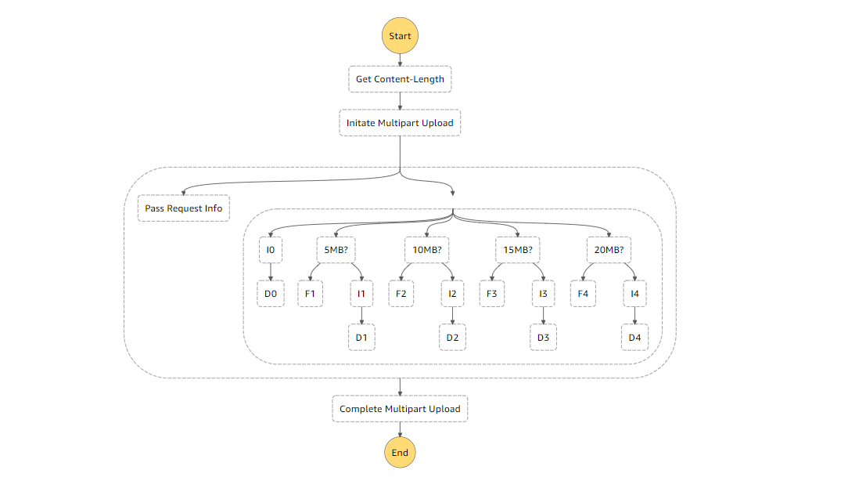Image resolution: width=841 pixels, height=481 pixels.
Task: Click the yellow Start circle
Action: click(x=400, y=36)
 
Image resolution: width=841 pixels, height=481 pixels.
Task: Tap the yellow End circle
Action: click(x=400, y=452)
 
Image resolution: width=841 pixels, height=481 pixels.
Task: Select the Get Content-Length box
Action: click(x=400, y=79)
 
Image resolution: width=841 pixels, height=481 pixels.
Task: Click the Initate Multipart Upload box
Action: click(x=400, y=123)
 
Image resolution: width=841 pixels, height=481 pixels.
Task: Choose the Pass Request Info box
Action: click(x=184, y=208)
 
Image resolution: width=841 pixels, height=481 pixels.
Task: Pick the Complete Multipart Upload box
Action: click(x=400, y=409)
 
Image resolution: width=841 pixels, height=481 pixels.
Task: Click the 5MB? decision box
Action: click(x=336, y=250)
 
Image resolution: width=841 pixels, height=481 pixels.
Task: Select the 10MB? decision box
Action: click(x=426, y=250)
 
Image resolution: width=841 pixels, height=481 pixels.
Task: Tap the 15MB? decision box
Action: click(x=518, y=250)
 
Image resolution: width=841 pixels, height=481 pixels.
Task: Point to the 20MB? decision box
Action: click(x=609, y=250)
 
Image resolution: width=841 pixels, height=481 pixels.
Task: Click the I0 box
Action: click(x=271, y=250)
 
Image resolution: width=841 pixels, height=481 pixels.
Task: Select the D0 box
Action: click(x=271, y=293)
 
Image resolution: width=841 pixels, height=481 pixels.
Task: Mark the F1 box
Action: click(x=310, y=293)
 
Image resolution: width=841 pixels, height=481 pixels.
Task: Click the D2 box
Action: click(x=453, y=337)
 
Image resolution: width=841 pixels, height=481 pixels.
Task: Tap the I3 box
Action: click(x=544, y=293)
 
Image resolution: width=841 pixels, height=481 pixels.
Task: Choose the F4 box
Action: click(x=583, y=293)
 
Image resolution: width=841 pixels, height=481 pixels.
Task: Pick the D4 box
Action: click(x=635, y=337)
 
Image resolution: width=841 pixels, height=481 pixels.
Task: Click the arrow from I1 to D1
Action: click(x=361, y=315)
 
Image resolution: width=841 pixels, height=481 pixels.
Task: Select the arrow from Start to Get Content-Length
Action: click(x=400, y=59)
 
